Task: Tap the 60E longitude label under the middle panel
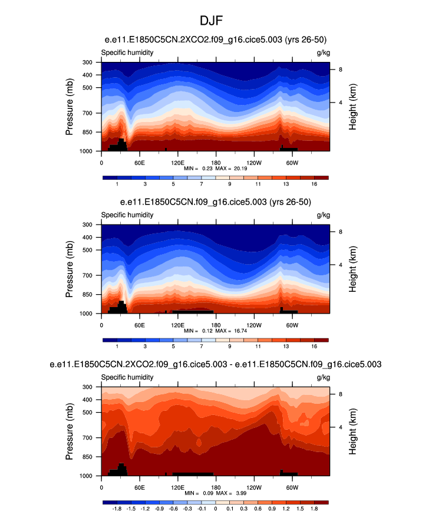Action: (x=139, y=324)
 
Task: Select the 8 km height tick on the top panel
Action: (x=341, y=70)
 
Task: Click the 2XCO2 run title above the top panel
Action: (x=215, y=39)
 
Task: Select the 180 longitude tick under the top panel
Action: (x=215, y=162)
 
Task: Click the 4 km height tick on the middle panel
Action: (x=341, y=265)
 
